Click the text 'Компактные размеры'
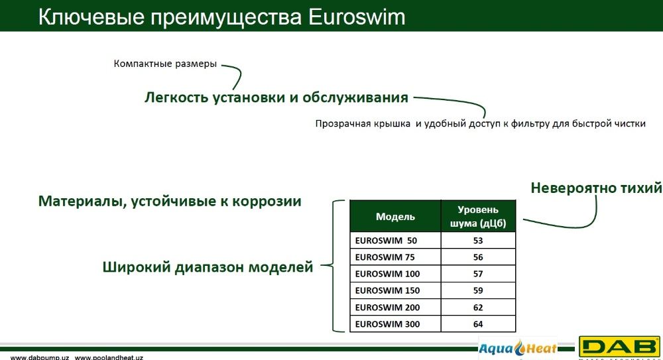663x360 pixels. tap(165, 64)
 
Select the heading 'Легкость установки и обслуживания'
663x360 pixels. tap(276, 97)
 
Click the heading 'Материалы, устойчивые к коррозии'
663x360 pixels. tap(170, 201)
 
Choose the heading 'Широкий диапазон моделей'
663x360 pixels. tap(208, 267)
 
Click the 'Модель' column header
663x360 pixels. tap(395, 216)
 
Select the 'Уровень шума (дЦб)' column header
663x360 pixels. tap(478, 216)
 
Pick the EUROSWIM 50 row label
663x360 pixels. tap(386, 240)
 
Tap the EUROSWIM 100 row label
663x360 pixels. tap(387, 274)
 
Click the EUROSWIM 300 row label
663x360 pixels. tap(387, 324)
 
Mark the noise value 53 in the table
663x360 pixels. tap(478, 240)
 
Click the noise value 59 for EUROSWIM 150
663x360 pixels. tap(478, 290)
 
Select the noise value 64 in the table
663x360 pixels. tap(478, 324)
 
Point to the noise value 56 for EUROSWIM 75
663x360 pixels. tap(478, 257)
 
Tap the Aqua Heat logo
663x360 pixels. tap(518, 348)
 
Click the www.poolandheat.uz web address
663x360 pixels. tap(109, 357)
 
